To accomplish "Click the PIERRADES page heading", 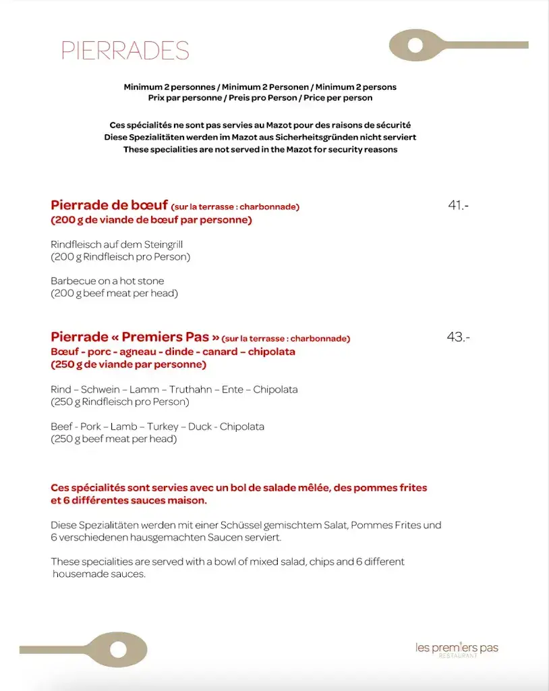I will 125,51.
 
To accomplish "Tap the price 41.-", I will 458,206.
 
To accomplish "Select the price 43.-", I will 458,337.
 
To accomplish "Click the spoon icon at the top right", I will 459,45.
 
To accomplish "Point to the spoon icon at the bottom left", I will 84,649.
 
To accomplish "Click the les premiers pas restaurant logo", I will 457,649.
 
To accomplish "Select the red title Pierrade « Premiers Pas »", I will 135,337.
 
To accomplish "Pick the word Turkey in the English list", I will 163,426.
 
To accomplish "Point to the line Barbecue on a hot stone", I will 107,281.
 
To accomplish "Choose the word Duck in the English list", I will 200,426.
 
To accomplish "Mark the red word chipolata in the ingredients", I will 271,352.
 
